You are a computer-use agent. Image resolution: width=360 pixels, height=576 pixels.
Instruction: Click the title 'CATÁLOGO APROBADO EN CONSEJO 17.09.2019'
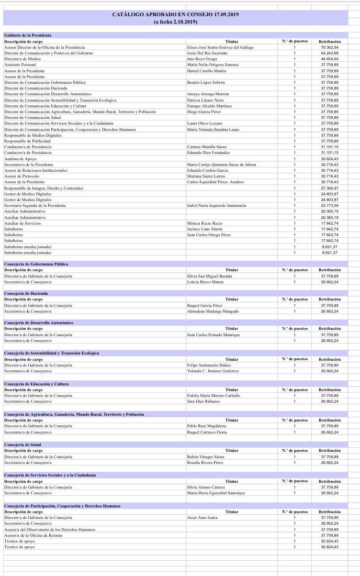pyautogui.click(x=175, y=14)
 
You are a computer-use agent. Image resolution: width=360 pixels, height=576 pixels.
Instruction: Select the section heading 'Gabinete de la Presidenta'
pyautogui.click(x=28, y=35)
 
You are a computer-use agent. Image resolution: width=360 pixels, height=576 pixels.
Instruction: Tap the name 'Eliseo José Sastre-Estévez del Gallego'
pyautogui.click(x=220, y=47)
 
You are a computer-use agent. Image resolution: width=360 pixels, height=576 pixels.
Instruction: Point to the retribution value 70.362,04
pyautogui.click(x=330, y=47)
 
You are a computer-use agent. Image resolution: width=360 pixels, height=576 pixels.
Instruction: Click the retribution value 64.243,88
pyautogui.click(x=330, y=53)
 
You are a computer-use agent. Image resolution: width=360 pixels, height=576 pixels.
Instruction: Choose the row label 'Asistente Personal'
pyautogui.click(x=20, y=64)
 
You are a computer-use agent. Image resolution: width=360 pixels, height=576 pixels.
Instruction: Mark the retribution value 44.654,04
pyautogui.click(x=330, y=59)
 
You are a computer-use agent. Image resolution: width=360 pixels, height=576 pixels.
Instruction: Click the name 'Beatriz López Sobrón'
pyautogui.click(x=206, y=82)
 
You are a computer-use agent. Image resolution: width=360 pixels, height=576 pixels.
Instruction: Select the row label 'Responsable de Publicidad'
pyautogui.click(x=27, y=141)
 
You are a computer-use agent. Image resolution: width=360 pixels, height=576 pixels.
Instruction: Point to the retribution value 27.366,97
pyautogui.click(x=330, y=188)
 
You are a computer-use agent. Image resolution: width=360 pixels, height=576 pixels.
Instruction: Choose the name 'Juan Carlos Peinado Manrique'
pyautogui.click(x=213, y=335)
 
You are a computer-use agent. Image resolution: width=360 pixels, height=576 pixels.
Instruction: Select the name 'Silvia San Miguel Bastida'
pyautogui.click(x=209, y=275)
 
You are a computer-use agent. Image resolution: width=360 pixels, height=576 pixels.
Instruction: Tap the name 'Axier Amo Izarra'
pyautogui.click(x=202, y=517)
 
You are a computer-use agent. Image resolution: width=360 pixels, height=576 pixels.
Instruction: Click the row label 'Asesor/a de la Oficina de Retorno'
pyautogui.click(x=33, y=535)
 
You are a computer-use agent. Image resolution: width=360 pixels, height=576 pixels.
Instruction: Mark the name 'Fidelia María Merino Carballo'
pyautogui.click(x=213, y=395)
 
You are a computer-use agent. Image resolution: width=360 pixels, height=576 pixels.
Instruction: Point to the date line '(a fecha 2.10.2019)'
pyautogui.click(x=175, y=21)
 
